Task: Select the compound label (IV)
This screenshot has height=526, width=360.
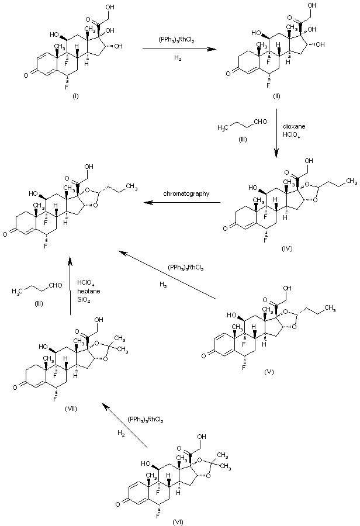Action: (x=286, y=248)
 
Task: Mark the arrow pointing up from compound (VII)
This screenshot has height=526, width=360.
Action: (x=71, y=286)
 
